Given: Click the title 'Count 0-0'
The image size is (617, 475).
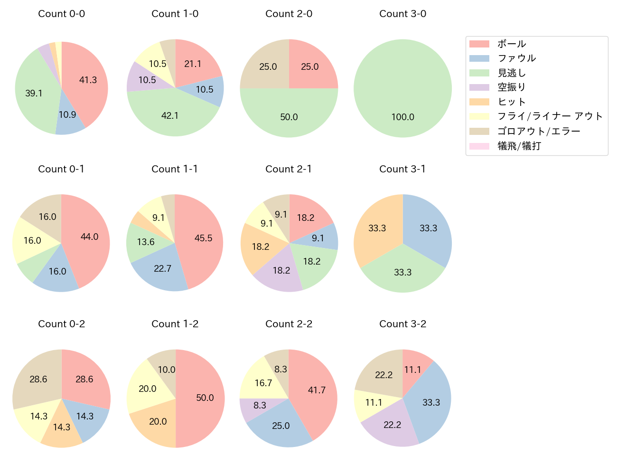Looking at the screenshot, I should [61, 14].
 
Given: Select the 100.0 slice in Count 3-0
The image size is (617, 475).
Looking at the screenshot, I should [402, 95].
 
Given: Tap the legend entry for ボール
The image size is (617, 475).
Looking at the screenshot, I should [511, 44].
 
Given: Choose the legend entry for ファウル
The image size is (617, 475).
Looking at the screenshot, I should [516, 58].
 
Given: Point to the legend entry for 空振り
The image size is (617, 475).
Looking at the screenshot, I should [511, 87].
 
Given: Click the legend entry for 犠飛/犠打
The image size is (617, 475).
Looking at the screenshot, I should [519, 146].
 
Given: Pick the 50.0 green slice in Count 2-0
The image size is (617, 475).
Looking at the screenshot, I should [289, 114].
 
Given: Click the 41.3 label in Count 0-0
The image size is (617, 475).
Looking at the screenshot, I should [88, 80].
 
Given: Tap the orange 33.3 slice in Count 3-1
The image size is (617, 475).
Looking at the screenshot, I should [377, 228].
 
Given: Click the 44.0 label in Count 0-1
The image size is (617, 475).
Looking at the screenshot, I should [89, 237].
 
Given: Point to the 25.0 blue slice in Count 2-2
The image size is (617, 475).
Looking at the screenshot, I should [281, 426].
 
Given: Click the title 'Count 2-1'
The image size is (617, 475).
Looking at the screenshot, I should [289, 169].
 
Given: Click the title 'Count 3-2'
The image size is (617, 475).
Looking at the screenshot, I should [402, 324].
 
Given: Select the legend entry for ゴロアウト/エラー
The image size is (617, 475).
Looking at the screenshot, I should [538, 131].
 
